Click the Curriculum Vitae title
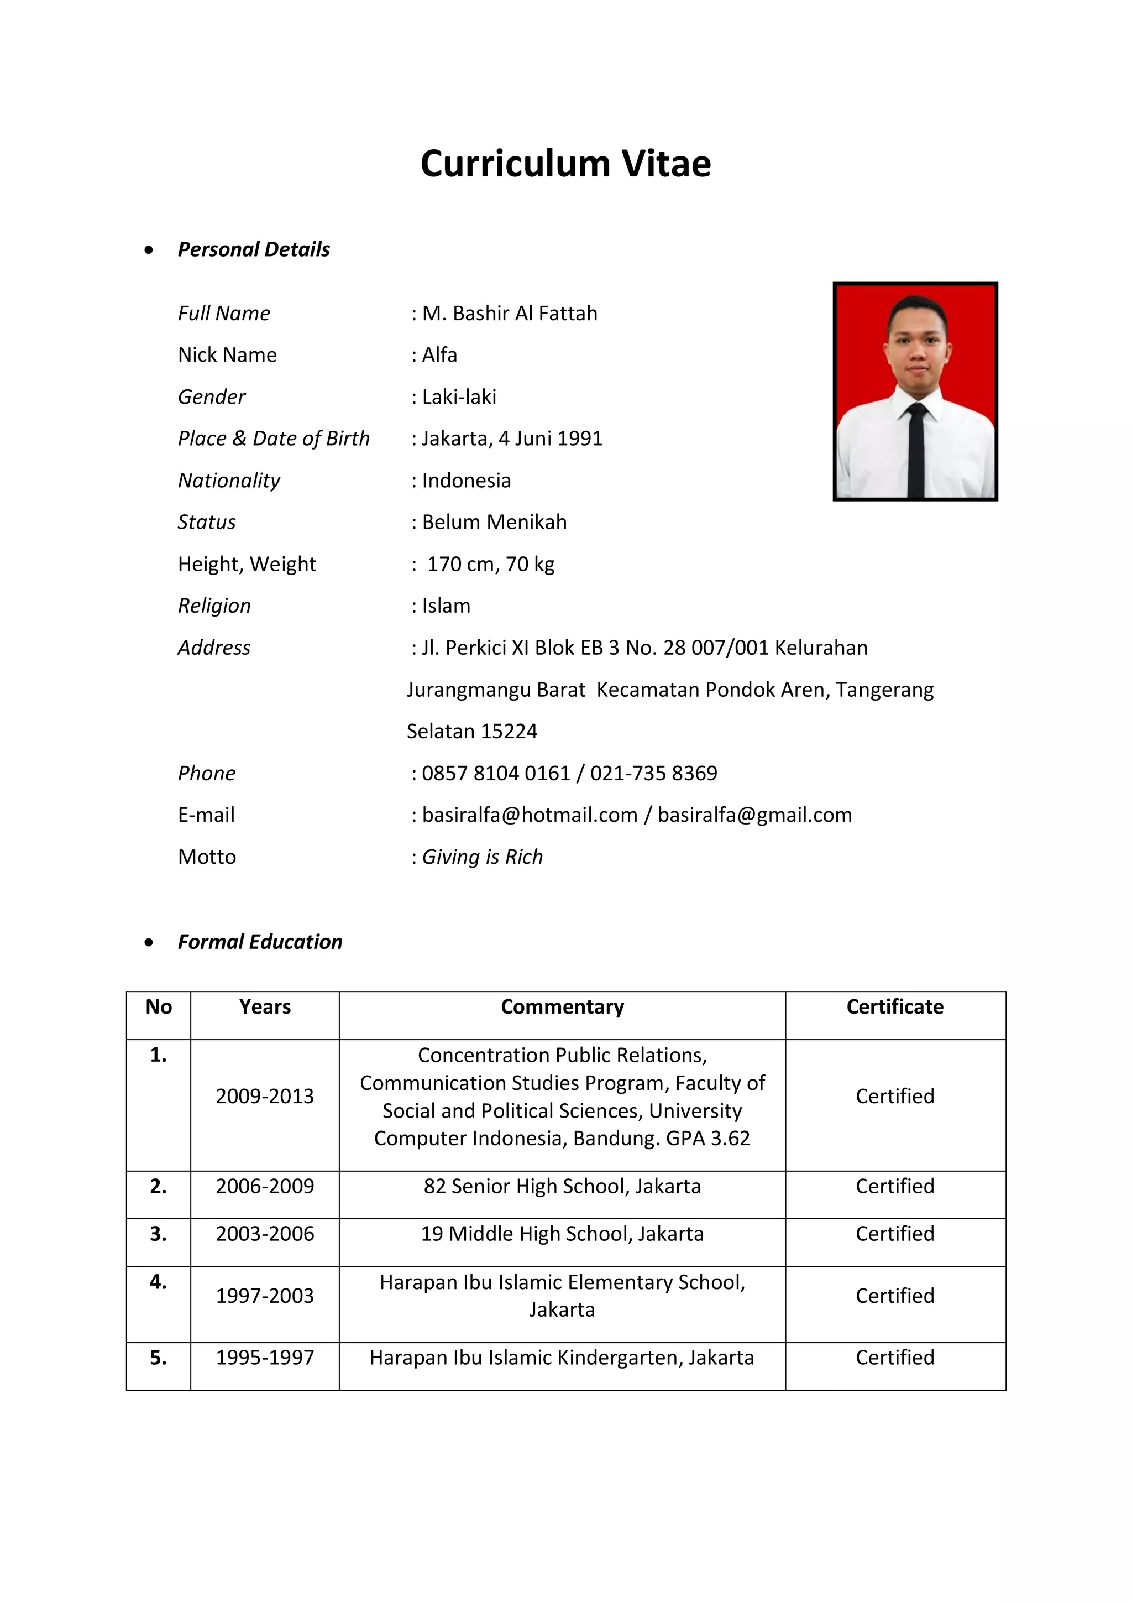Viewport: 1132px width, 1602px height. click(x=565, y=164)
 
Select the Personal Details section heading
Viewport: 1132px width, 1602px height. click(x=253, y=249)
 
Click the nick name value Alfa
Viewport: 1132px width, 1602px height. click(x=439, y=355)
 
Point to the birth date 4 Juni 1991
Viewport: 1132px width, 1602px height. click(x=551, y=439)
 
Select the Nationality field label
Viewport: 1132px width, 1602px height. click(x=229, y=481)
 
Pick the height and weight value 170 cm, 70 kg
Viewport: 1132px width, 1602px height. click(x=490, y=565)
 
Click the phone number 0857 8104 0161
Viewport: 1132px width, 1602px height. click(x=496, y=774)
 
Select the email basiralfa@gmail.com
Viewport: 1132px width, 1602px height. click(x=754, y=816)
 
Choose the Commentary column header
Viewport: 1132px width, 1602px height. click(x=562, y=1008)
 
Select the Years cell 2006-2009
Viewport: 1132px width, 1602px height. click(x=265, y=1187)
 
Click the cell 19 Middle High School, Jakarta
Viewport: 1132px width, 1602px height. click(x=562, y=1234)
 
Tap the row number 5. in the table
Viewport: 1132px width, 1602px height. click(x=158, y=1358)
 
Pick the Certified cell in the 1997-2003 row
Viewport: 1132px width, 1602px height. click(x=895, y=1296)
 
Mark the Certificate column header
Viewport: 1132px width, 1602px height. click(x=895, y=1008)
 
